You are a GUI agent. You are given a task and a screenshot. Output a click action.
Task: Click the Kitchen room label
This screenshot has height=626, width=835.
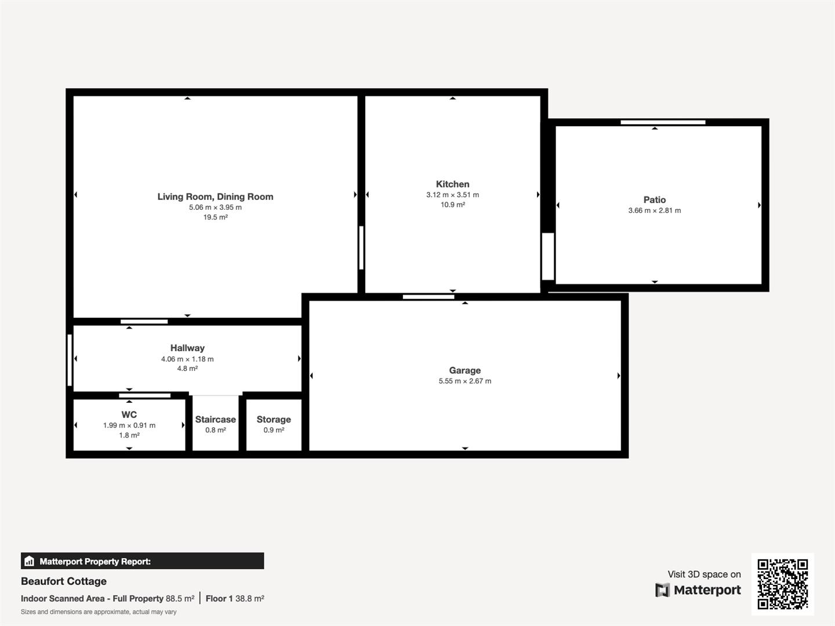click(x=452, y=184)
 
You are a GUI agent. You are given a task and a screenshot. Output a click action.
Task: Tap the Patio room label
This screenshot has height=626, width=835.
click(x=654, y=200)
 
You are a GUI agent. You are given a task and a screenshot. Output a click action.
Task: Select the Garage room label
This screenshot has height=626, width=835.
click(x=464, y=370)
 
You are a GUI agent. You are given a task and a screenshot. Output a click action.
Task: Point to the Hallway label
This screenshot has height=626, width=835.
click(x=187, y=348)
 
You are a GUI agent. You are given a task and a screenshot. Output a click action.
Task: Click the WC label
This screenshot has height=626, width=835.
click(x=129, y=415)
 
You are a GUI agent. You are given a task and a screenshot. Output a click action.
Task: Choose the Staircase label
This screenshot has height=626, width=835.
click(x=215, y=420)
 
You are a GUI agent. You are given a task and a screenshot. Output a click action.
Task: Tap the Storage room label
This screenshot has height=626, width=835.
click(x=274, y=420)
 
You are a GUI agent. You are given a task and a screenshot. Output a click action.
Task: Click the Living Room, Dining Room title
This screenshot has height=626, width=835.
click(x=215, y=197)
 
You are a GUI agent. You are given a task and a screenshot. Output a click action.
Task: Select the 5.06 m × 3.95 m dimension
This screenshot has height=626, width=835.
click(x=215, y=208)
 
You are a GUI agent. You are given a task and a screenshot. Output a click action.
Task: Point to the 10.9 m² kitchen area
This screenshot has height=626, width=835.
click(x=452, y=205)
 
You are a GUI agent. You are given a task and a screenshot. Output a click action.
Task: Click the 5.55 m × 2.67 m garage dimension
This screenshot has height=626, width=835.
click(x=464, y=381)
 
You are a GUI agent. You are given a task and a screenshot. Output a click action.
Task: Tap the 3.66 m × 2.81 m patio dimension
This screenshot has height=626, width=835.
click(x=654, y=211)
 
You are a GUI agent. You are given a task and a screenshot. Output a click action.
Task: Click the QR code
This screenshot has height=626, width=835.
click(x=782, y=584)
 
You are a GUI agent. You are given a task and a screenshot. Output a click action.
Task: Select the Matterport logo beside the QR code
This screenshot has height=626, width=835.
click(x=698, y=590)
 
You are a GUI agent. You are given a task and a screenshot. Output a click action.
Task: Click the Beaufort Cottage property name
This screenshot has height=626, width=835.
click(x=64, y=581)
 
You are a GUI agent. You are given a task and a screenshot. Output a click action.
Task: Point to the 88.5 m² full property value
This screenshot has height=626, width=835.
click(x=180, y=599)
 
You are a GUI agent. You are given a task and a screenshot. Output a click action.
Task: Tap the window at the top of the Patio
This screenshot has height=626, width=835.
click(x=663, y=122)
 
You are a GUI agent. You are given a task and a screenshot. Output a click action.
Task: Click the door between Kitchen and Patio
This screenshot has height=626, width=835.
click(x=547, y=256)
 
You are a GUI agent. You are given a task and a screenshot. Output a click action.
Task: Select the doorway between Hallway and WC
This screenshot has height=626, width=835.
click(x=145, y=396)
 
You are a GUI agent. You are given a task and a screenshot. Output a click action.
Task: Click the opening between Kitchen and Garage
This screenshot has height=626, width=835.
click(x=429, y=297)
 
